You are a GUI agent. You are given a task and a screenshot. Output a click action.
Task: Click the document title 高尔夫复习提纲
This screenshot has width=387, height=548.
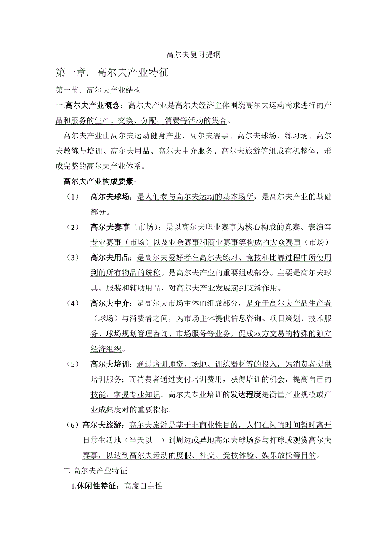(x=193, y=55)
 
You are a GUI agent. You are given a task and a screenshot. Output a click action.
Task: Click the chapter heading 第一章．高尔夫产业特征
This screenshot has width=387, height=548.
(x=112, y=72)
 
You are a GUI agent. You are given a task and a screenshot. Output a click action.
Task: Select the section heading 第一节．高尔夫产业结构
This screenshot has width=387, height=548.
(x=98, y=90)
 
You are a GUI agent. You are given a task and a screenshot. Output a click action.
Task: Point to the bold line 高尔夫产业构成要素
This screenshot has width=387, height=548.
(x=99, y=181)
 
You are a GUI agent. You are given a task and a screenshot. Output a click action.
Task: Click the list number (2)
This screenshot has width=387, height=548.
(x=72, y=227)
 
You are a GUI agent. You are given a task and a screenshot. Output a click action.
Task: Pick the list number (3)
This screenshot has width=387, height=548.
(x=72, y=258)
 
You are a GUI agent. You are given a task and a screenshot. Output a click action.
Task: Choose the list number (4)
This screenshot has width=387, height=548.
(x=72, y=303)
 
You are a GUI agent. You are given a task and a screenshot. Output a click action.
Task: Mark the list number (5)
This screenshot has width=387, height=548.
(x=72, y=364)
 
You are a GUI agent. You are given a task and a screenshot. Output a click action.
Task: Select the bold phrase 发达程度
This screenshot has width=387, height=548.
(x=246, y=394)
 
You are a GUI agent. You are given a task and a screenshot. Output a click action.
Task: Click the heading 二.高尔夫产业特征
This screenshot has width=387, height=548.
(x=95, y=470)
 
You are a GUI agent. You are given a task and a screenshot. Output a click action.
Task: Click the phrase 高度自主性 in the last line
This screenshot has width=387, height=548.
(x=143, y=486)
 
